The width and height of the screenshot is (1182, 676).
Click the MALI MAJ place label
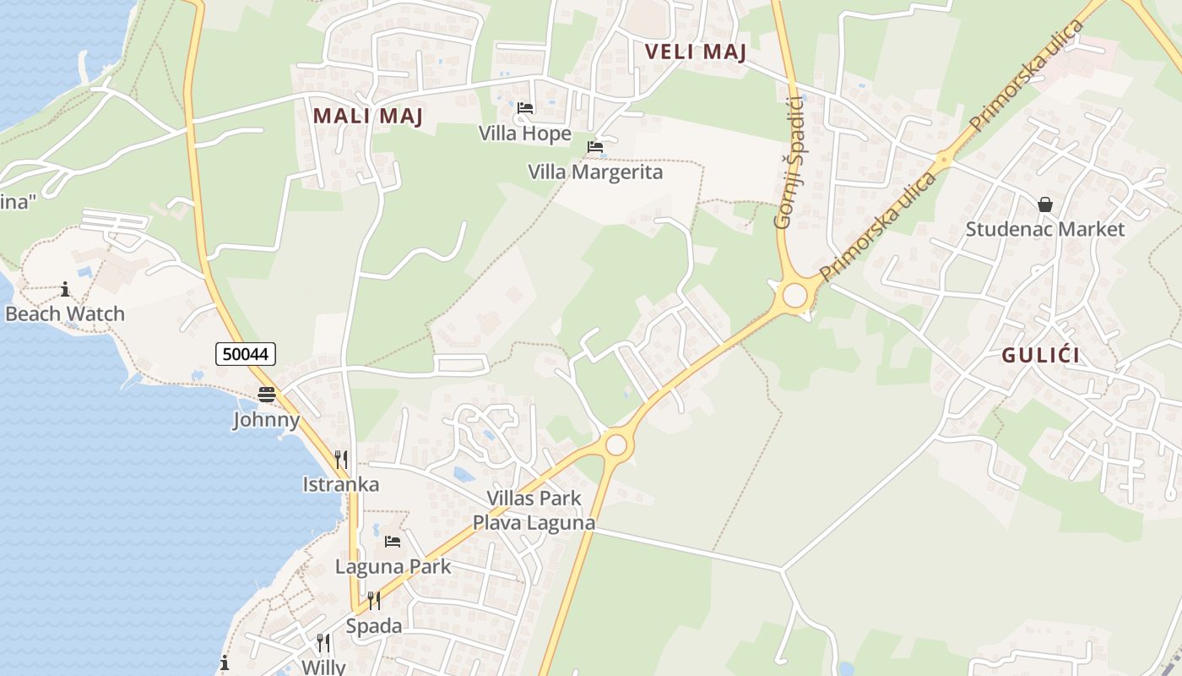pos(367,116)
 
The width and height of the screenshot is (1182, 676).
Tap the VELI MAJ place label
pos(696,52)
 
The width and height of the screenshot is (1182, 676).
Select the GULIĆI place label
pos(1040,355)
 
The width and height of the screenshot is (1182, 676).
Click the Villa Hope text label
pos(525,134)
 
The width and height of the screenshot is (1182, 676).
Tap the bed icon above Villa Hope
pos(525,108)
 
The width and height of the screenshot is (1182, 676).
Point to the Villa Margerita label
pos(595,172)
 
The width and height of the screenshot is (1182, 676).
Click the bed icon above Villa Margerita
pos(595,147)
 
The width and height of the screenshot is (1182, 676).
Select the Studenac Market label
pos(1045,229)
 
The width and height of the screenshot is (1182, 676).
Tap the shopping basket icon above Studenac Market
pos(1045,204)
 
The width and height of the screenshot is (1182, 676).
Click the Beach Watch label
pos(65,313)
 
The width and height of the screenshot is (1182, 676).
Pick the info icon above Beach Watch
pos(65,290)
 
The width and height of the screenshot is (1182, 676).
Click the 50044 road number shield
pos(246,354)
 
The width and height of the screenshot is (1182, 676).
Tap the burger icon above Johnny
pos(267,395)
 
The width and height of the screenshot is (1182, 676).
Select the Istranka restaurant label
pos(341,484)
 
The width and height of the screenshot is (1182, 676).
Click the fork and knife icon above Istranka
pos(341,460)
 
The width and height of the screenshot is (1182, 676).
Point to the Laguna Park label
pos(393,566)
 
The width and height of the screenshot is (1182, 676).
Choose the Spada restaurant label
pos(374,626)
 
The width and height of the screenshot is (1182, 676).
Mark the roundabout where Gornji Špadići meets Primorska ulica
pos(794,296)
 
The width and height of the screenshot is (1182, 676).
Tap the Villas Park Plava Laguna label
pos(534,510)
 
